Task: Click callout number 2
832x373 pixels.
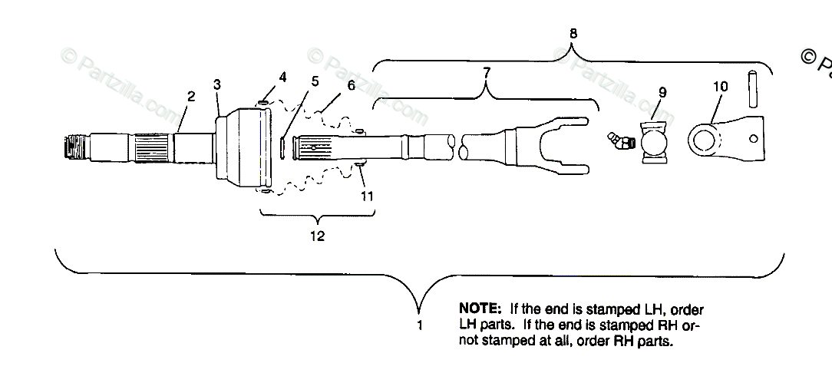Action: point(191,97)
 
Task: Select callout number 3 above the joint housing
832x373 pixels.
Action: point(217,84)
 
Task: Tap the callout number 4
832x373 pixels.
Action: point(282,77)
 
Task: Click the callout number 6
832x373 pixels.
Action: point(351,85)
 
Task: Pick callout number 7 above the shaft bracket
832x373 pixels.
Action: point(486,73)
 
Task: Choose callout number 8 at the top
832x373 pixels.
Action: point(574,33)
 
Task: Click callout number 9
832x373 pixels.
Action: point(662,92)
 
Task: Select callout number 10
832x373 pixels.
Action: point(720,87)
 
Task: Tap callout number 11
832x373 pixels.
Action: point(367,196)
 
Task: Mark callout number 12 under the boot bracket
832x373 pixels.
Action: point(316,236)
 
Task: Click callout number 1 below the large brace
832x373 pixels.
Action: point(420,325)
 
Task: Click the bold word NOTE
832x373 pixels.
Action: point(480,309)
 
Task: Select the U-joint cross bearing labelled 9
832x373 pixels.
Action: point(655,143)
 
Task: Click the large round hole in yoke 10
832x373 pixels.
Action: point(705,140)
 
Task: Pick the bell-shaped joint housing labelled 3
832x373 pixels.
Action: point(243,147)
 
